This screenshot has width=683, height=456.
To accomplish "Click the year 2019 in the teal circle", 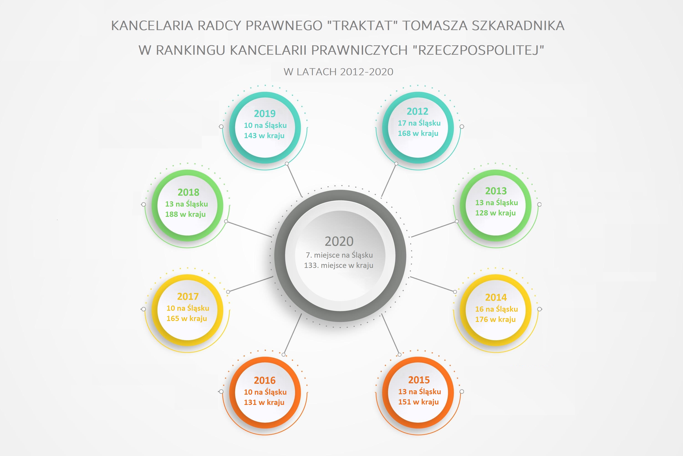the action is pos(265,113).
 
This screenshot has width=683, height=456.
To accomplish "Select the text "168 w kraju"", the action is pos(418,133).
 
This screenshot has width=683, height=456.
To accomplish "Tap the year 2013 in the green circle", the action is pos(496,191).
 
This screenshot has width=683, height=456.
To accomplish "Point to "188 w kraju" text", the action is pos(185,214).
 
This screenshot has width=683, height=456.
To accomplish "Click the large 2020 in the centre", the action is pos(339,241).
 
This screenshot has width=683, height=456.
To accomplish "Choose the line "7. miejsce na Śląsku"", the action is pos(339,255).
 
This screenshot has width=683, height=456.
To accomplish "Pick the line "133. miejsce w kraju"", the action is pos(339,265).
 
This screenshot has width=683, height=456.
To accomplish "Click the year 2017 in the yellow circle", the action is pos(188,296).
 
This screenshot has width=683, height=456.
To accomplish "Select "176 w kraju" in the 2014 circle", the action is pos(495,319).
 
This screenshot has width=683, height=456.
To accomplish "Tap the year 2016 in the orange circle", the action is pos(265,380).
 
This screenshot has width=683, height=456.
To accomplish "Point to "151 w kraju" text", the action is pos(418,402).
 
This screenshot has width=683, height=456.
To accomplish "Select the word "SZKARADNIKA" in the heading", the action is pos(518,26).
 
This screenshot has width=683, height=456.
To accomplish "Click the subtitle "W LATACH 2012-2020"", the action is pos(338,72).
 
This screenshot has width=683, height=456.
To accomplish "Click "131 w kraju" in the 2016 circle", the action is pos(264,402).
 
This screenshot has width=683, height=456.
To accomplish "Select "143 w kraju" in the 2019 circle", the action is pos(264,135).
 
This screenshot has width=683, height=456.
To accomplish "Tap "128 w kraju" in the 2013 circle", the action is pos(495,213).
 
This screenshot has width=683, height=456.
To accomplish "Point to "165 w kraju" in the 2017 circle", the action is pos(186,319).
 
